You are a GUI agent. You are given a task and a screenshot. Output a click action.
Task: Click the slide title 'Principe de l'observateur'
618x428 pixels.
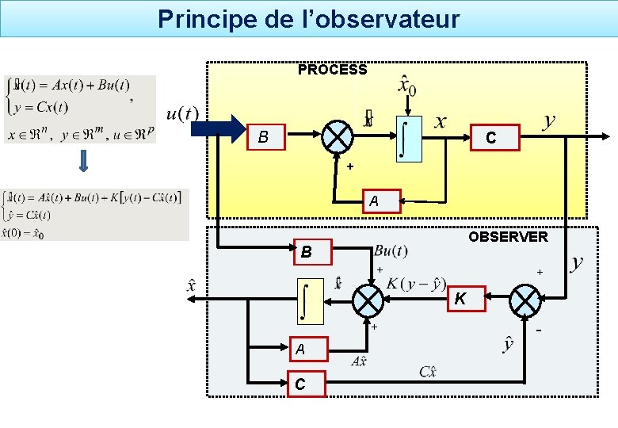coord(308,19)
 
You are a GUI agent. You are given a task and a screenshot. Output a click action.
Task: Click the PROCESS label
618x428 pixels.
coord(332,70)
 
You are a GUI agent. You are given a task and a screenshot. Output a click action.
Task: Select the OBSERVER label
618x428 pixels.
coord(507,236)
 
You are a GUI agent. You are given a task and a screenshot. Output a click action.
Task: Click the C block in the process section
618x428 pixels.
coord(492,138)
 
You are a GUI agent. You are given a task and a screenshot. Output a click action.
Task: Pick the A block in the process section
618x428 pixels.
coord(373,202)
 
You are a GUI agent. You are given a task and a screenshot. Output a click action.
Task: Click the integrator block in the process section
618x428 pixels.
coord(409,137)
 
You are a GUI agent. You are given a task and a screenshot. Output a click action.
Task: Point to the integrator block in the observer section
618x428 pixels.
coord(310,302)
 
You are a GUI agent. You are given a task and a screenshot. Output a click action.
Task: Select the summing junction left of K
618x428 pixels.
coord(368,300)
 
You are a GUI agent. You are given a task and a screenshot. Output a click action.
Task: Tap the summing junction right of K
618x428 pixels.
coord(525,300)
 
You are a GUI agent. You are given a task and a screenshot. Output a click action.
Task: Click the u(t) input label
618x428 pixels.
coord(182,114)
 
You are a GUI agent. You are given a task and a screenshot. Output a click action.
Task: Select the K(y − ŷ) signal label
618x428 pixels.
coord(416,284)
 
